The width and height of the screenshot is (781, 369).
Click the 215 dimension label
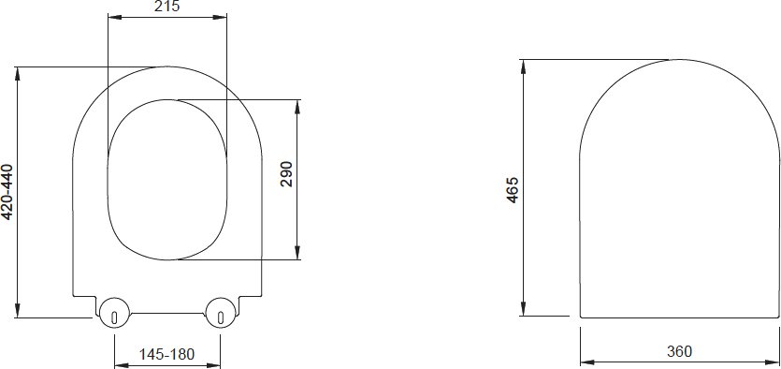[x=166, y=6]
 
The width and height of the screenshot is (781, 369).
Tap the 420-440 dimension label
[x=7, y=191]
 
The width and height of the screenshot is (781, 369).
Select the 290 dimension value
[x=287, y=173]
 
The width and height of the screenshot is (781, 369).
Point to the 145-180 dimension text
[x=166, y=354]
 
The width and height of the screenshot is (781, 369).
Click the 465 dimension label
[x=513, y=189]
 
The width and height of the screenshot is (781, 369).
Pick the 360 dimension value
[x=679, y=351]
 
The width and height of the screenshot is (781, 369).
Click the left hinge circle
[x=114, y=313]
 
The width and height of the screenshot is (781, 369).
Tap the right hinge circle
[x=220, y=313]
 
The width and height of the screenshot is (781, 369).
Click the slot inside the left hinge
[x=114, y=317]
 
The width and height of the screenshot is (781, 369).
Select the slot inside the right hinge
[x=221, y=317]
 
